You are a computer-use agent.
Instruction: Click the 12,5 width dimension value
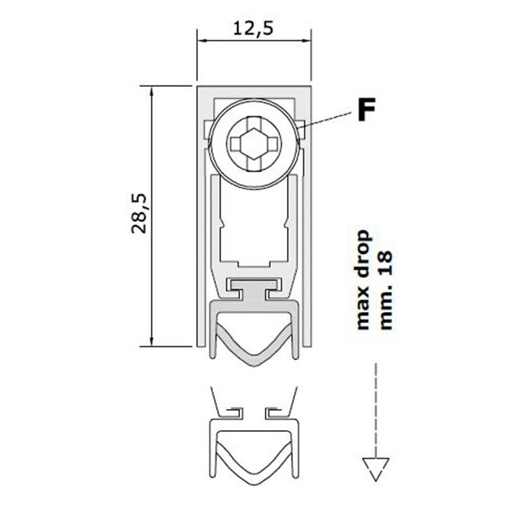pyautogui.click(x=253, y=28)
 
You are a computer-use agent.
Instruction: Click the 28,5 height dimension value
pyautogui.click(x=139, y=213)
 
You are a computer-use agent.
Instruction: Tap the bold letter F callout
pyautogui.click(x=366, y=110)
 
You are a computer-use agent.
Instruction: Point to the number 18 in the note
pyautogui.click(x=386, y=263)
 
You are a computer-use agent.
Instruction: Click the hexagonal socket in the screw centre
pyautogui.click(x=254, y=144)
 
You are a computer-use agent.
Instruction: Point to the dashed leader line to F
pyautogui.click(x=325, y=119)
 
